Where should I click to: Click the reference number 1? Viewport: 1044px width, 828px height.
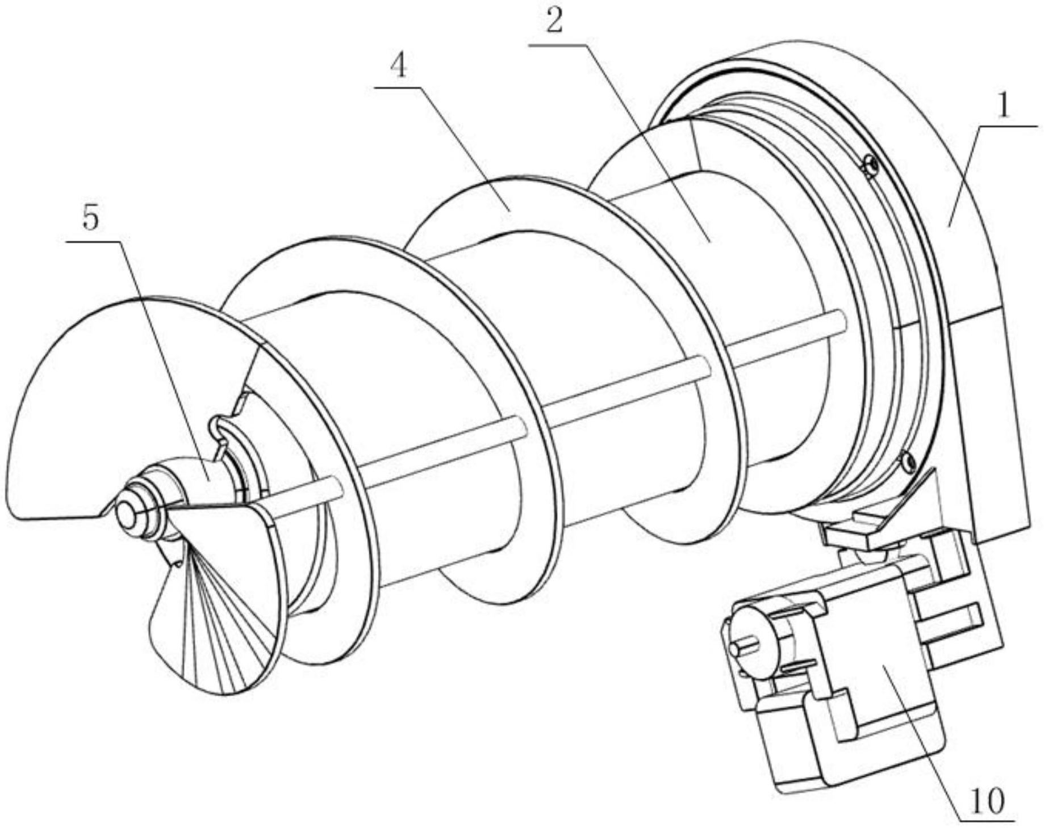point(1004,106)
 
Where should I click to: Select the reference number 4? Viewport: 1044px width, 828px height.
point(399,67)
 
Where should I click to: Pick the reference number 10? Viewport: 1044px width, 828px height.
point(988,801)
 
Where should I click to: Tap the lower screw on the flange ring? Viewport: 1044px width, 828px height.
point(907,461)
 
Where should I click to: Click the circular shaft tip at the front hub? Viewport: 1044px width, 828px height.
point(126,514)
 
